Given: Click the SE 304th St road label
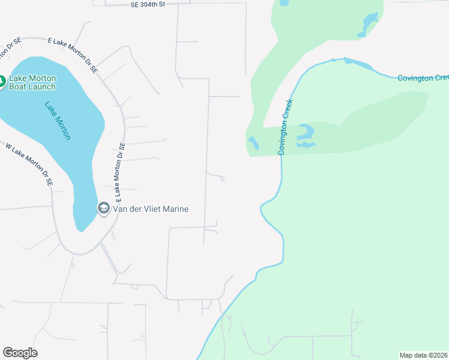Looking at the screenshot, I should coord(147,4).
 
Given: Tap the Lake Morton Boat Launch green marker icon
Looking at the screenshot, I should coord(1,80).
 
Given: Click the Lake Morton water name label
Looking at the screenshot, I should coord(58,120).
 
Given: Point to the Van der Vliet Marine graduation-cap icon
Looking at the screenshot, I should coord(103,208).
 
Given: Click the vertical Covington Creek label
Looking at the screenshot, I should coord(285,127).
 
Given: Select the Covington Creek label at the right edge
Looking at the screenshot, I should coord(423,78).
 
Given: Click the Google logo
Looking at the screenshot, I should coord(20,352).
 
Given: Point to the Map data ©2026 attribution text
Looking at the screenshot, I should coord(423,355).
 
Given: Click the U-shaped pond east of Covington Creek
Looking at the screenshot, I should coord(306,136).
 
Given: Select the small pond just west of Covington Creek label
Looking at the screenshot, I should coord(254,143).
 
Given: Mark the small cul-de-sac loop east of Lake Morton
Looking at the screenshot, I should coord(222,178).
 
